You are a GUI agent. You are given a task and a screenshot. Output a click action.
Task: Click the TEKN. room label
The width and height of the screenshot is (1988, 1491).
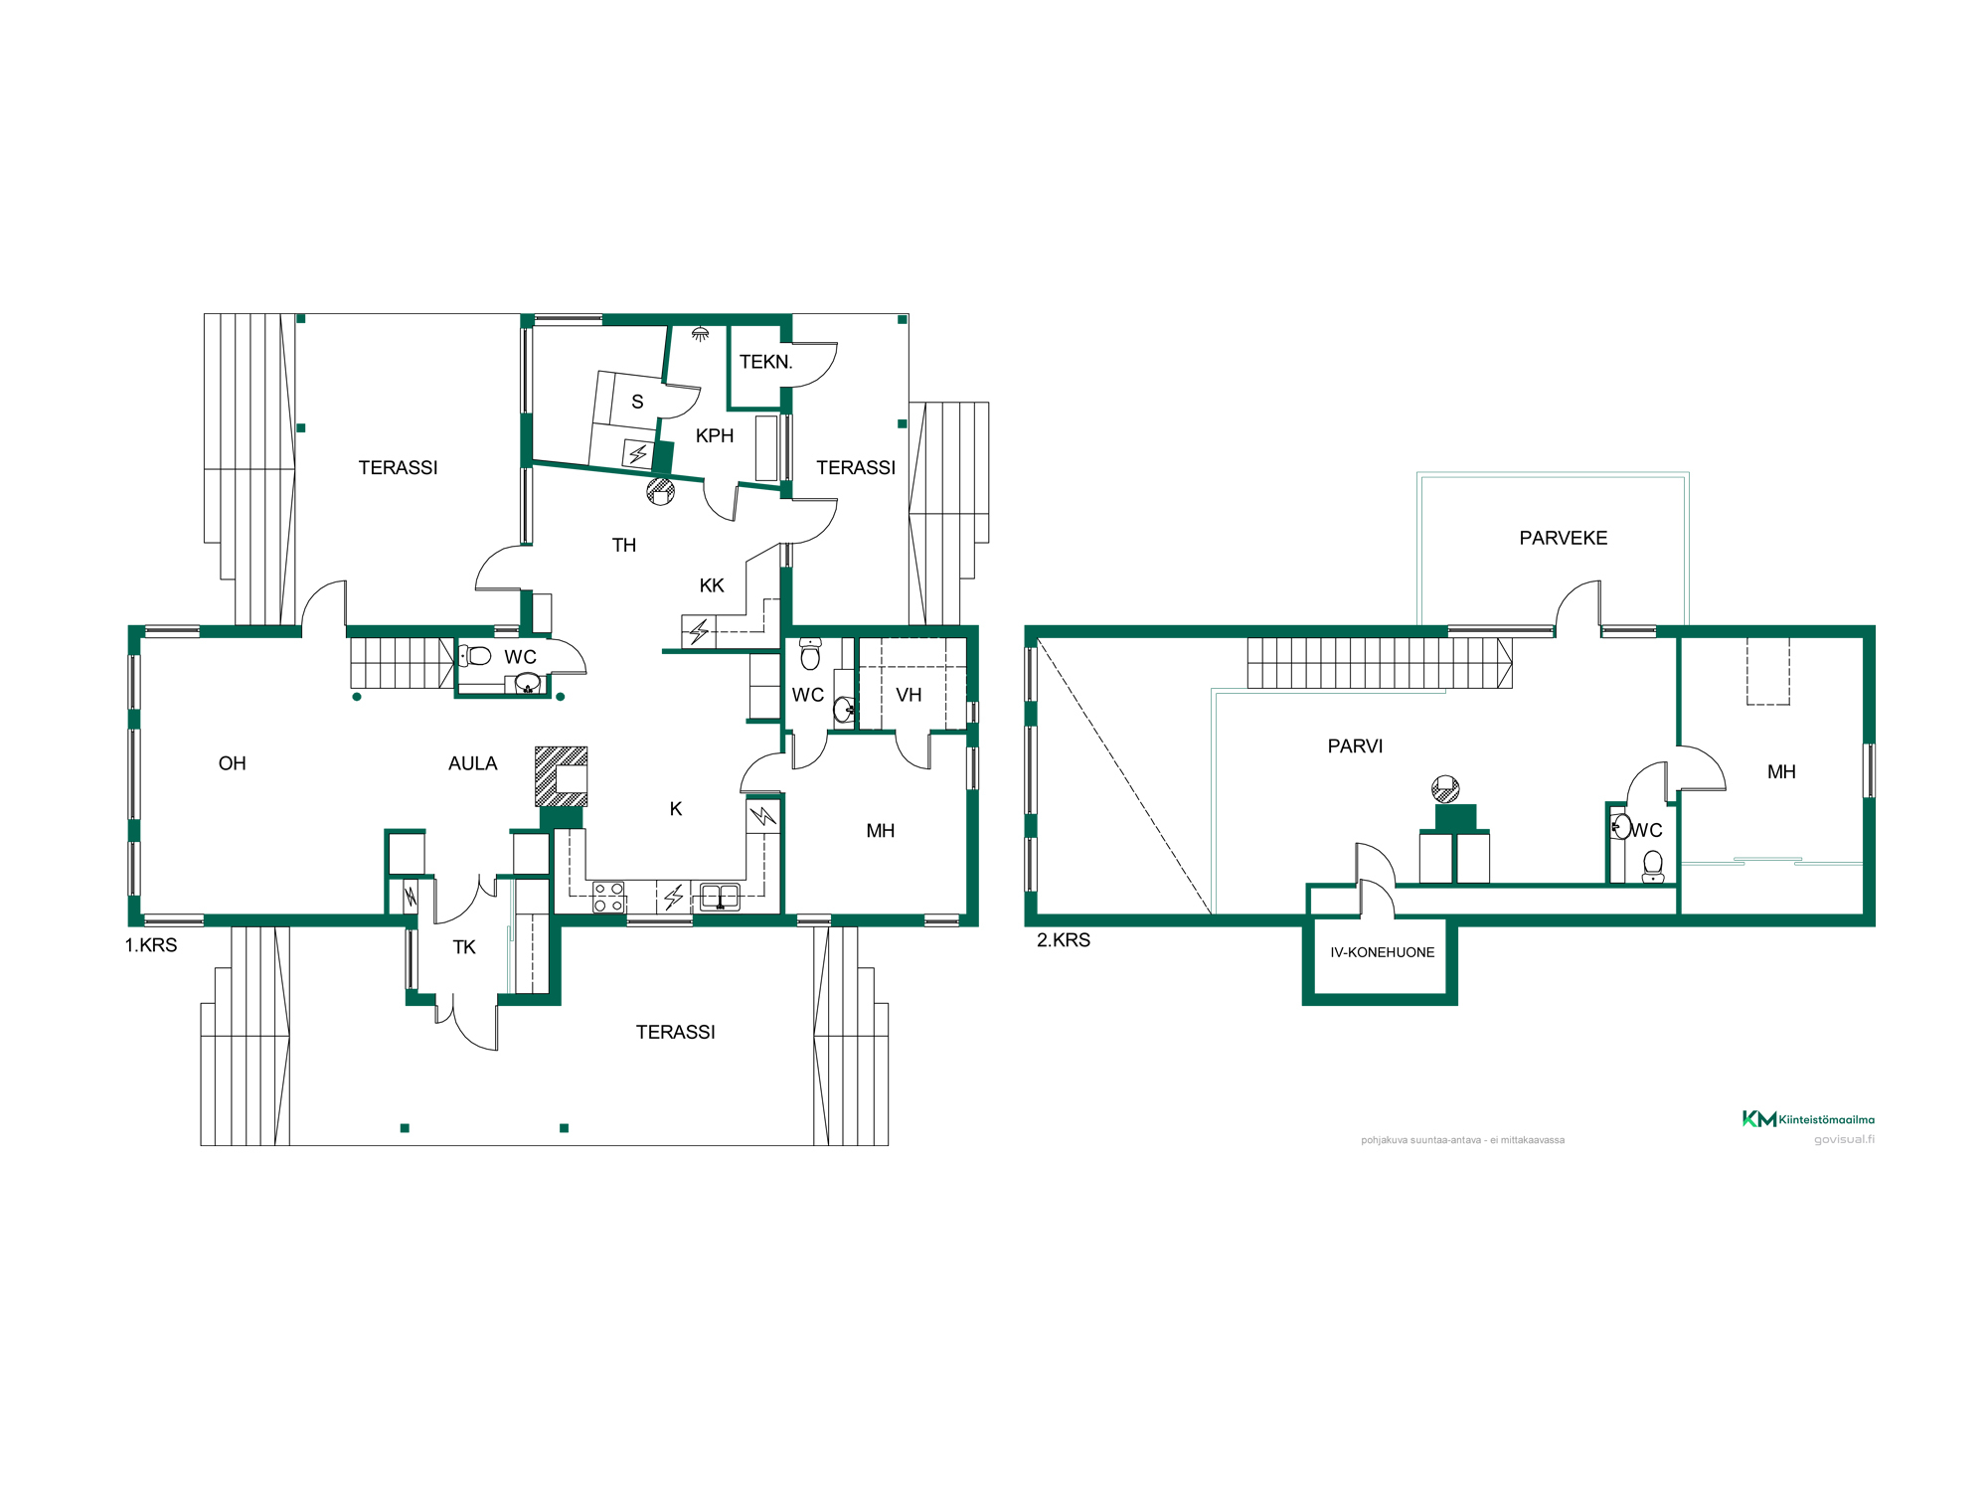click(x=765, y=362)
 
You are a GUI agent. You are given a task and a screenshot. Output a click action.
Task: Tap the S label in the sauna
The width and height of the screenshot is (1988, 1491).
click(x=637, y=402)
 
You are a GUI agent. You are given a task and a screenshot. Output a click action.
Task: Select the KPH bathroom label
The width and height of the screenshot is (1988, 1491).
click(x=715, y=435)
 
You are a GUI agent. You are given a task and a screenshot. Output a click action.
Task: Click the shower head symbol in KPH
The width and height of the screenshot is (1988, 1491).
click(x=701, y=334)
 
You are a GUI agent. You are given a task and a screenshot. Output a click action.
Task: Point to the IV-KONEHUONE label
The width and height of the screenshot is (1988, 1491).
click(x=1383, y=952)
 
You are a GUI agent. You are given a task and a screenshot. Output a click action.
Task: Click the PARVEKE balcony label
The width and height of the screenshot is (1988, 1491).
click(x=1564, y=538)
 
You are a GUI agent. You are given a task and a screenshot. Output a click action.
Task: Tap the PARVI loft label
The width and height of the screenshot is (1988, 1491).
click(x=1355, y=746)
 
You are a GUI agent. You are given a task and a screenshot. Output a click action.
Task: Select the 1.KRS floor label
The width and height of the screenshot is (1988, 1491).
click(x=151, y=945)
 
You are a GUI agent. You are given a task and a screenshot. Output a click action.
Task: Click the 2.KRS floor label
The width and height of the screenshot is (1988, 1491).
click(x=1064, y=940)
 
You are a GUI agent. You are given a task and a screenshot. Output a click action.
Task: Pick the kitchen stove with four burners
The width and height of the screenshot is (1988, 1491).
click(x=608, y=897)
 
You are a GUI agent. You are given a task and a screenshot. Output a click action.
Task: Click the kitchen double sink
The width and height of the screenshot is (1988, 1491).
click(x=720, y=897)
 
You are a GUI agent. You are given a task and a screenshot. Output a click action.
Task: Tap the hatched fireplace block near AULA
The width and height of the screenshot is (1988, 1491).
click(x=562, y=776)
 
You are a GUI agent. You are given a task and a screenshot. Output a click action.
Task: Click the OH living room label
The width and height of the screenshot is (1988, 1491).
click(x=233, y=763)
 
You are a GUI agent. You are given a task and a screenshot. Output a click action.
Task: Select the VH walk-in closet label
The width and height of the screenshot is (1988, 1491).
click(x=909, y=695)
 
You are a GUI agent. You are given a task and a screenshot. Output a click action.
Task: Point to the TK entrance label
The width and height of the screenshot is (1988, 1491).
click(x=464, y=947)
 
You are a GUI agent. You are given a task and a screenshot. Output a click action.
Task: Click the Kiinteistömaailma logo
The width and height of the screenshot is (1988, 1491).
click(x=1808, y=1119)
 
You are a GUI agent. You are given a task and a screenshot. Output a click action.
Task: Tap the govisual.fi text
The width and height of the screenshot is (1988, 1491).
click(x=1844, y=1139)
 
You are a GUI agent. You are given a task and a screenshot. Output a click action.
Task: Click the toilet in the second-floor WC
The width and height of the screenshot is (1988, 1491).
click(x=1653, y=867)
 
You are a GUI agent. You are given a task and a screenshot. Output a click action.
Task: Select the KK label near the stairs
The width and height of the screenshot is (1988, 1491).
click(x=712, y=585)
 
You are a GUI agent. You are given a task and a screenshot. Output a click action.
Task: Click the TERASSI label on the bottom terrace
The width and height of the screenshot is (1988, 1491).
click(x=676, y=1032)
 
